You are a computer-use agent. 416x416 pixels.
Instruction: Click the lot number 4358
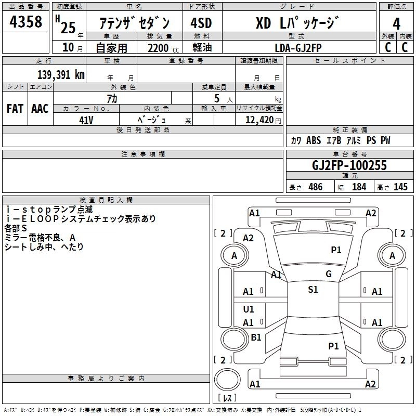(26, 22)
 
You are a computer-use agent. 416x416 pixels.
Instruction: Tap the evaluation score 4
(396, 23)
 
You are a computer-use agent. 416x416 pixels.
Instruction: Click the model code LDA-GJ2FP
(298, 47)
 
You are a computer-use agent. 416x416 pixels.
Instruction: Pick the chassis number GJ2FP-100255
(349, 165)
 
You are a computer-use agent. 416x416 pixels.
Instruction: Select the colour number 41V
(86, 119)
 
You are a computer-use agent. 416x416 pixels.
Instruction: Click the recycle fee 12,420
(258, 120)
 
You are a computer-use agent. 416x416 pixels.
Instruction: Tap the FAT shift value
(15, 109)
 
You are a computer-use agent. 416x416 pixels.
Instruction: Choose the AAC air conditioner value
(40, 109)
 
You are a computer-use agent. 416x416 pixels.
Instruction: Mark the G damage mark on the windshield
(328, 274)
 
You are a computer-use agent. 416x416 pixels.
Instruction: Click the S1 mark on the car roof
(313, 290)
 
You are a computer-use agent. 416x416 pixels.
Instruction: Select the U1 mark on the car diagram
(249, 309)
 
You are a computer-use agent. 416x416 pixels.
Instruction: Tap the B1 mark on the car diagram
(256, 337)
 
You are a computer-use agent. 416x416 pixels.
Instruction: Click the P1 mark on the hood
(336, 250)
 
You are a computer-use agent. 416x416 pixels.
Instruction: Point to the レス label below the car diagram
(227, 398)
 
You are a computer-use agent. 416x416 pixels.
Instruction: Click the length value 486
(315, 187)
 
